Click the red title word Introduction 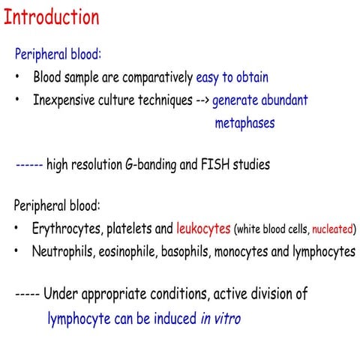[x=51, y=16]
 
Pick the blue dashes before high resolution [x=28, y=163]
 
